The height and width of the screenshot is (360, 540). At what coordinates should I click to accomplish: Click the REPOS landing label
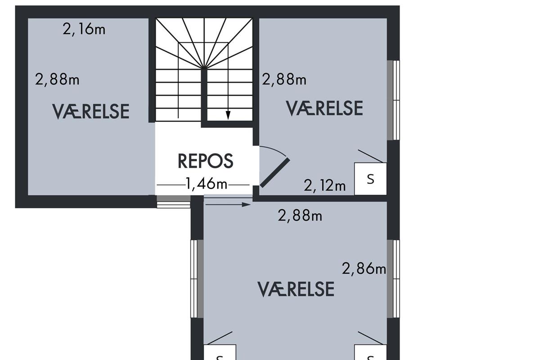205,161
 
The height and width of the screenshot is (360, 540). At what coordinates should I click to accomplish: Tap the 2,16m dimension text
84,29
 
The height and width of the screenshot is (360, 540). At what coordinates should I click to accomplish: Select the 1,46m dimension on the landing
207,184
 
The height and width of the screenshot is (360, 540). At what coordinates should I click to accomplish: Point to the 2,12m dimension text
324,186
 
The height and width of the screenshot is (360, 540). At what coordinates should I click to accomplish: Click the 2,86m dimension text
364,268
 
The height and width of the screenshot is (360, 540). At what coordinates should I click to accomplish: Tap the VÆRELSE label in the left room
90,112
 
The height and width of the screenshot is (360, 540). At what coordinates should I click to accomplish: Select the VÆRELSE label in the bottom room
296,289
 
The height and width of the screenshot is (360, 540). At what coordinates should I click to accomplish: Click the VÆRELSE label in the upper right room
324,108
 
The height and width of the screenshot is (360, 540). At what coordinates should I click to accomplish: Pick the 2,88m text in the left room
57,79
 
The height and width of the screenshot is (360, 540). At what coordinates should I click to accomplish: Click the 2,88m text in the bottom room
300,215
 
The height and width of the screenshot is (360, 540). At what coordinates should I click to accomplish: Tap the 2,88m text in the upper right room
284,79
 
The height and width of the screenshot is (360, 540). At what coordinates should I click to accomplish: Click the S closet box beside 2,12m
370,179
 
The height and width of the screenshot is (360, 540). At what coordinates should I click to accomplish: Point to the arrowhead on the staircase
228,115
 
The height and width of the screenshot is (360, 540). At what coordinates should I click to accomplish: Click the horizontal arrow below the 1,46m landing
228,205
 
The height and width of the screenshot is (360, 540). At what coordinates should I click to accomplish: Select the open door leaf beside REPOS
274,173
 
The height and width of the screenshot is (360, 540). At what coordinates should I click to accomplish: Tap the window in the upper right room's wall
393,100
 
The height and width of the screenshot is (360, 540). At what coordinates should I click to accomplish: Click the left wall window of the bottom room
197,279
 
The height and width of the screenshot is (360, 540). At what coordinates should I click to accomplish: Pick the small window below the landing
174,202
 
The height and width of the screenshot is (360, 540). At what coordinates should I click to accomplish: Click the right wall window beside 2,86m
393,279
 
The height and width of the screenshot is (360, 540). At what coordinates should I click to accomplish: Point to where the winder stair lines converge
204,68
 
